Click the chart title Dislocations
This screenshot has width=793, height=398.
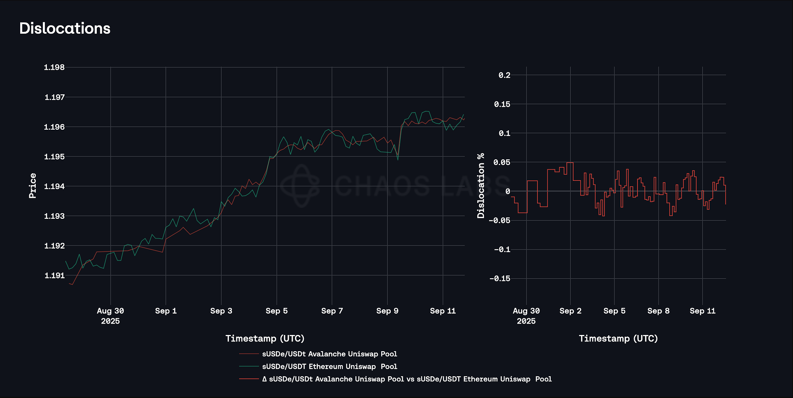(65, 29)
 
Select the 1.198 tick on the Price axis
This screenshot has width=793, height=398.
(54, 67)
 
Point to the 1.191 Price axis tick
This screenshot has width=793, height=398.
(54, 276)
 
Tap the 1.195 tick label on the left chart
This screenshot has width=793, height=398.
(54, 157)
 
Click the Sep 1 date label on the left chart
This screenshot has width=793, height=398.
(166, 311)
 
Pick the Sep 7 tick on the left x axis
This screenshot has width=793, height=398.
(332, 311)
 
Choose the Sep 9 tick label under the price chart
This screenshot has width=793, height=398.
(387, 311)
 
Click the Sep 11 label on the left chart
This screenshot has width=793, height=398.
(443, 311)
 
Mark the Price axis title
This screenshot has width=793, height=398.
(33, 186)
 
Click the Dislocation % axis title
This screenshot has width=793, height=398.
(481, 186)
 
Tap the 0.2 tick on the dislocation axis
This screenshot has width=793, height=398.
(504, 75)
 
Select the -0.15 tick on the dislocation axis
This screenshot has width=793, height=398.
(499, 279)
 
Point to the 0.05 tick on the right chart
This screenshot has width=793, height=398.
(502, 162)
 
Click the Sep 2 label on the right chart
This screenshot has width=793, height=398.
(570, 311)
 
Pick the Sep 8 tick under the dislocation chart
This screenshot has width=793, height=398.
(659, 311)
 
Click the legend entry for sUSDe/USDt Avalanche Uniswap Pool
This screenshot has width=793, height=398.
(329, 354)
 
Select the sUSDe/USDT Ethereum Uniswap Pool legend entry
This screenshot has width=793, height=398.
(329, 367)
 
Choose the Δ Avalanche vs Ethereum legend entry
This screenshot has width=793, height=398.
(407, 379)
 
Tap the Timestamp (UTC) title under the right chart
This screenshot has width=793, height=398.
(618, 339)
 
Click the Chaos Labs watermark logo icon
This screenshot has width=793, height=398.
(300, 186)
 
